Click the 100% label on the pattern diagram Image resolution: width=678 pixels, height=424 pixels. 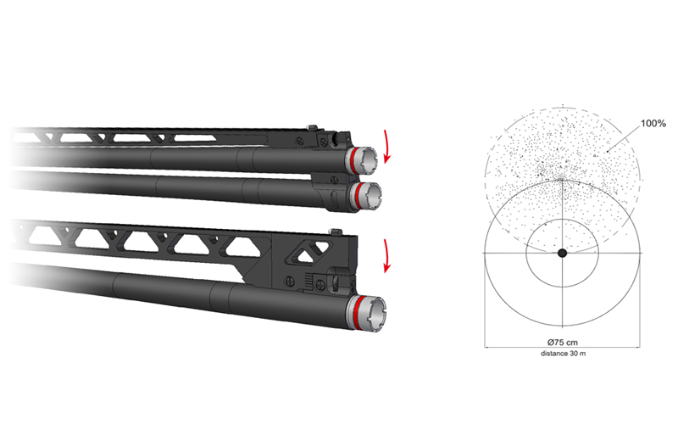pos(653,123)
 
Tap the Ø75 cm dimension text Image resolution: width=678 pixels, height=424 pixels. pos(562,343)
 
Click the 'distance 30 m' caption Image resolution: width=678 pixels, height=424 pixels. pos(563,354)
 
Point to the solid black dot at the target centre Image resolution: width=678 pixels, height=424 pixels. pos(562,253)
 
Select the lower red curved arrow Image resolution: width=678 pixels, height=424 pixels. pos(387,256)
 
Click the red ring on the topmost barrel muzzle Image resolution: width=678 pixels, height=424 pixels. pos(353,160)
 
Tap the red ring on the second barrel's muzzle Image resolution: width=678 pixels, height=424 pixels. pos(357,196)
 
